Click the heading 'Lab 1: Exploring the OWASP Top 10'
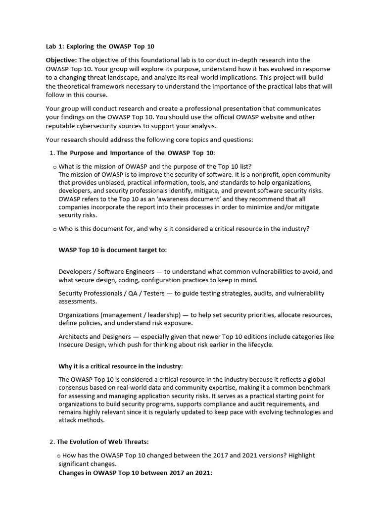(x=99, y=47)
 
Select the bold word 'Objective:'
(x=61, y=60)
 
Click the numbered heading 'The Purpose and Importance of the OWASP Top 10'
(x=136, y=152)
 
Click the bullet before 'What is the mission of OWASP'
(x=54, y=166)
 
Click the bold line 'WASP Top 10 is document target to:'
(x=112, y=250)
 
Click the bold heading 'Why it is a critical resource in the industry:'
(x=120, y=366)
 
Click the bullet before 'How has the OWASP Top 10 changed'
(x=59, y=456)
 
